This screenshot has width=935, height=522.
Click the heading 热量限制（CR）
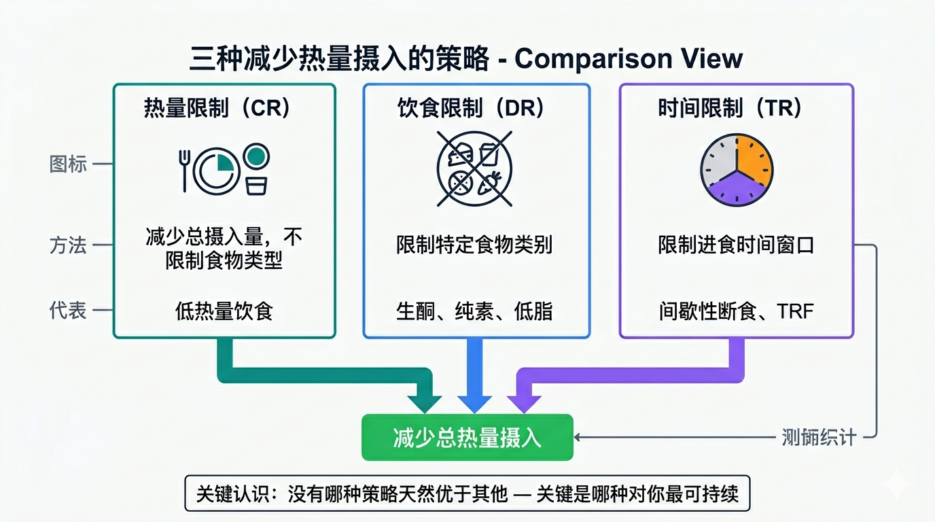click(217, 109)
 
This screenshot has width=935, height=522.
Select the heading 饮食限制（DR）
click(471, 109)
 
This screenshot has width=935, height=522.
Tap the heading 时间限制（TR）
click(730, 109)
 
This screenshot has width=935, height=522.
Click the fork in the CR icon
click(183, 170)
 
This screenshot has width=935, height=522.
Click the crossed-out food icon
click(474, 169)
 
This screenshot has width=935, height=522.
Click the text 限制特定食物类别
click(474, 245)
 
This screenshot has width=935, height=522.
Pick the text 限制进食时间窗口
click(736, 245)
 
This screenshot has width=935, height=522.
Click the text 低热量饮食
click(224, 311)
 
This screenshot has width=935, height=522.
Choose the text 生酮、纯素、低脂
click(474, 311)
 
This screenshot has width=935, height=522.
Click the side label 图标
click(68, 164)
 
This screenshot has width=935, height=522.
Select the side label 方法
click(68, 245)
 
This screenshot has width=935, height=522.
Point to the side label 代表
click(68, 311)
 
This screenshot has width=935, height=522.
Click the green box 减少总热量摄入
click(467, 438)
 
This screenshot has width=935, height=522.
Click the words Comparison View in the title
click(629, 59)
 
